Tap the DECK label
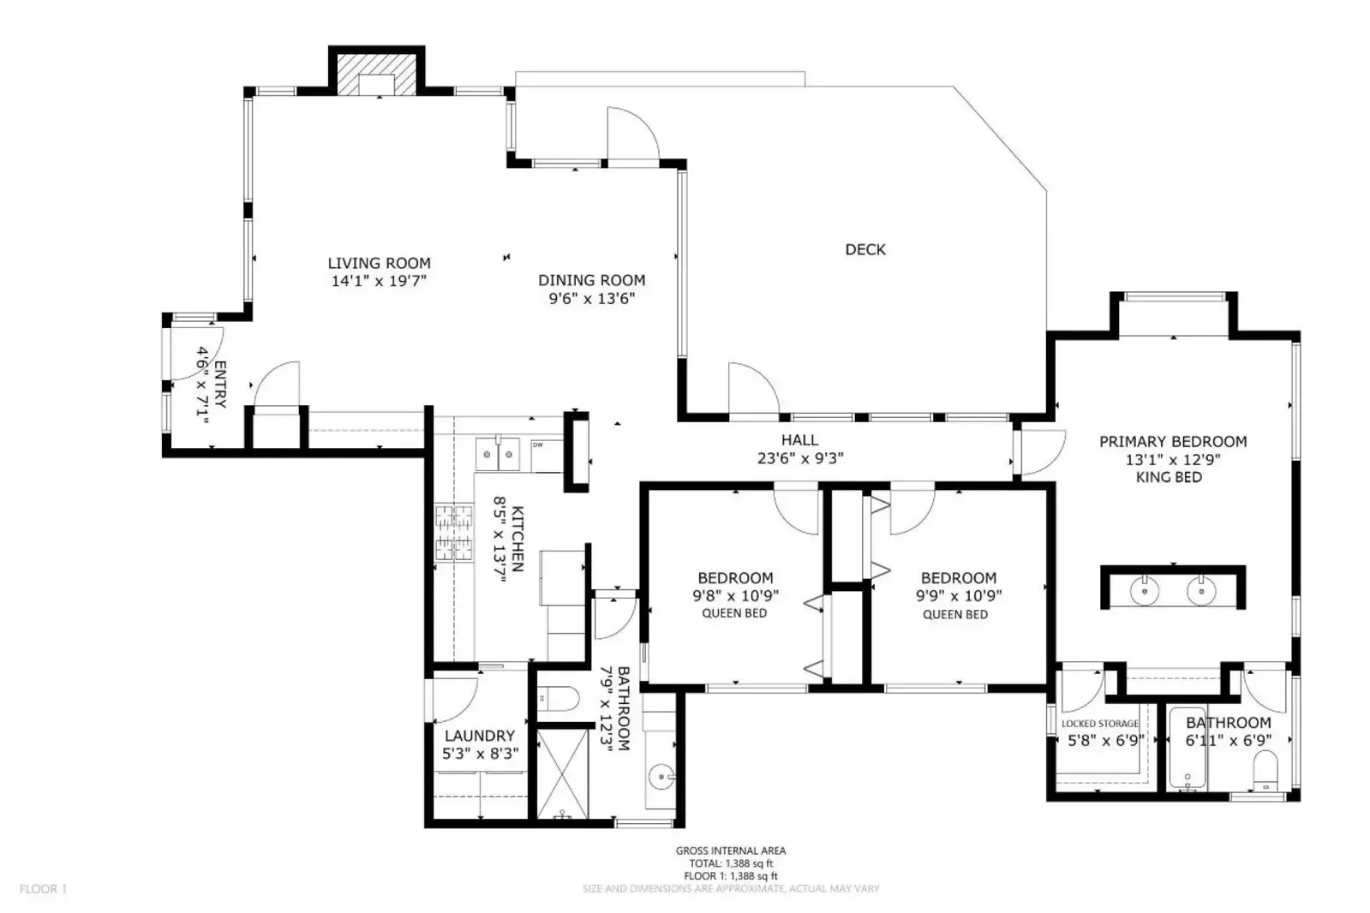tap(865, 249)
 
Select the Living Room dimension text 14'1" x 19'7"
tap(379, 281)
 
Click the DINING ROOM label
tap(591, 280)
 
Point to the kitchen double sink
tap(498, 453)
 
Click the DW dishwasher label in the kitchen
tap(538, 445)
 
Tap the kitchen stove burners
tap(453, 532)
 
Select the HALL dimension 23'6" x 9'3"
tap(799, 458)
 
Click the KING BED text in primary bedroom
tap(1169, 477)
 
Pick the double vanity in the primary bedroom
tap(1172, 588)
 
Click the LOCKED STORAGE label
tap(1100, 724)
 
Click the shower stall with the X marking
tap(563, 771)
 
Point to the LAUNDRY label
tap(479, 736)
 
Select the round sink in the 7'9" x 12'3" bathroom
tap(661, 778)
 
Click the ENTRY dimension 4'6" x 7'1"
tap(203, 385)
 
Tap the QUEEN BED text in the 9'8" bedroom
tap(734, 613)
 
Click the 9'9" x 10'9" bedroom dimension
tap(959, 595)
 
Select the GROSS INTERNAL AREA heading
tap(730, 850)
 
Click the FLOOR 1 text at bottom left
tap(43, 889)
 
